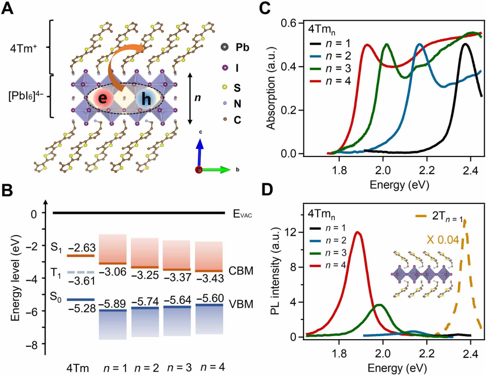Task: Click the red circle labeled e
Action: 103,98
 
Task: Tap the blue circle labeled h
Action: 146,99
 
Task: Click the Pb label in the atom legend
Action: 242,47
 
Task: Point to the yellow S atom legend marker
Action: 225,87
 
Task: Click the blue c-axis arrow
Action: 200,151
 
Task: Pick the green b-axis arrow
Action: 215,170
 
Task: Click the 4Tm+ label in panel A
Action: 24,48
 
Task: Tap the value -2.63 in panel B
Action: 82,248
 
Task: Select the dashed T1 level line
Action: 80,272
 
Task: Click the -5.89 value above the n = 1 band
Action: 112,303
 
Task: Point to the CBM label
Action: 241,271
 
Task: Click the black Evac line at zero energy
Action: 139,213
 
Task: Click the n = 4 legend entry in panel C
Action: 331,81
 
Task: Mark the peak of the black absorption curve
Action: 465,44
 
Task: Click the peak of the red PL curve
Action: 358,232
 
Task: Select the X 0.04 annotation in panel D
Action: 443,239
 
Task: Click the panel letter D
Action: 268,189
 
